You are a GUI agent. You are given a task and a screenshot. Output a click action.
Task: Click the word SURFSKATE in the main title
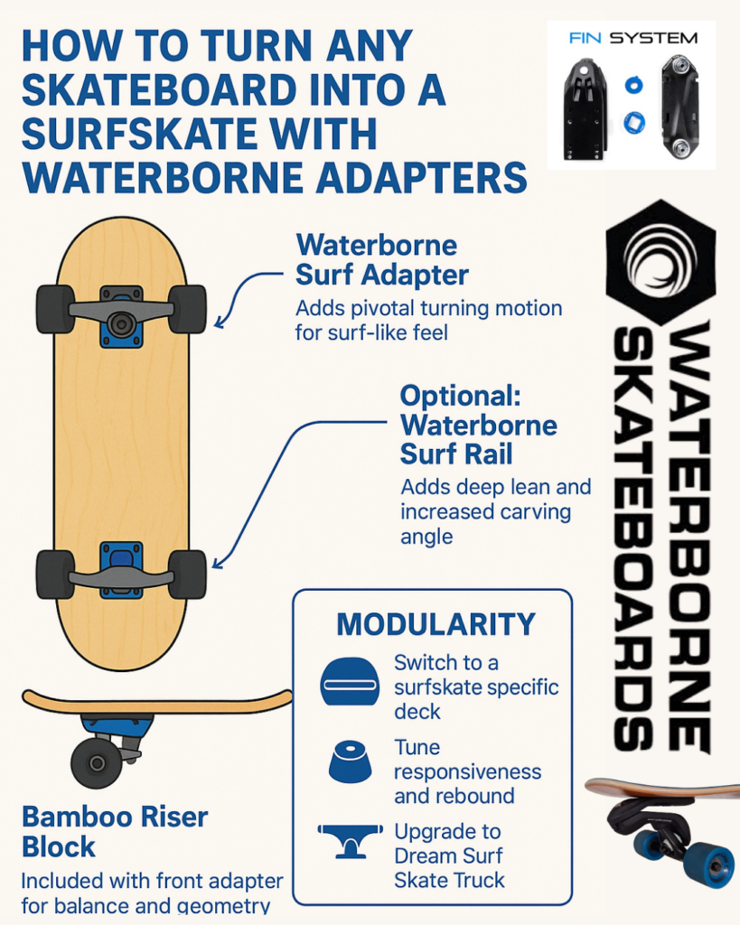(x=199, y=134)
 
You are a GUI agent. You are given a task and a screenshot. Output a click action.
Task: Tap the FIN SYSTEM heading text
(x=633, y=38)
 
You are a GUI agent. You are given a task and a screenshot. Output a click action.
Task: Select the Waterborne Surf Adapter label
(x=382, y=259)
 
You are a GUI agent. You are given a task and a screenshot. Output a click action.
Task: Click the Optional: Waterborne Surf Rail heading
(x=479, y=425)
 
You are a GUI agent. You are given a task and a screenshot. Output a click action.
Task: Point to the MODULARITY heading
(x=436, y=624)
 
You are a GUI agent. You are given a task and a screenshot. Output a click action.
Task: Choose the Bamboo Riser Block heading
(x=115, y=832)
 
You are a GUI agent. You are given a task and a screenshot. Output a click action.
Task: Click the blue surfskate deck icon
(x=350, y=681)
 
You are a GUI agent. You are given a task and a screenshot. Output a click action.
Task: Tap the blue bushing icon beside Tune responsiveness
(x=350, y=761)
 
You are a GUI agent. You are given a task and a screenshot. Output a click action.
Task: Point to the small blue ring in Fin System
(x=633, y=84)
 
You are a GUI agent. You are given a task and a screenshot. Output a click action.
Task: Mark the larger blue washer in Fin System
(x=634, y=123)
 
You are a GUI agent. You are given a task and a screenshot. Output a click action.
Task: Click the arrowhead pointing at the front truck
(x=219, y=322)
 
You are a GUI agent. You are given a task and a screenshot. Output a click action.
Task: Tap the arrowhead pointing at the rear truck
(x=217, y=564)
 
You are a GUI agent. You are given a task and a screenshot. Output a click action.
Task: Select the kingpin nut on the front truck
(x=122, y=323)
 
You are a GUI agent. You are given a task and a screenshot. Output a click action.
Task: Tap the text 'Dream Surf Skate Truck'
(x=448, y=868)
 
